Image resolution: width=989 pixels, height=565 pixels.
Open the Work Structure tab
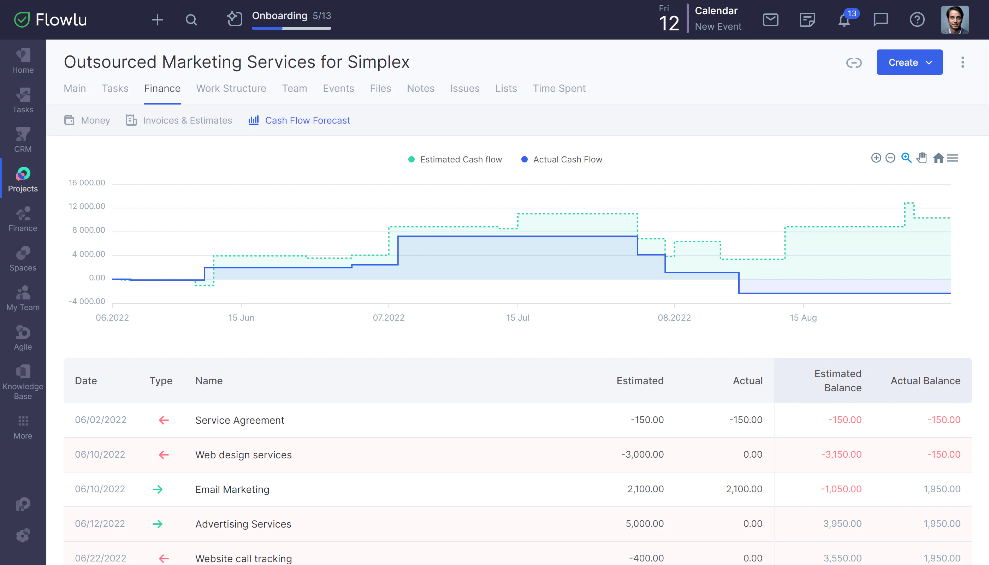coord(231,89)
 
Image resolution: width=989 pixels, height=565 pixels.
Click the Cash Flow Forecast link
coord(307,120)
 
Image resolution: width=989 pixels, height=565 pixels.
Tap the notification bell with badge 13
coord(844,20)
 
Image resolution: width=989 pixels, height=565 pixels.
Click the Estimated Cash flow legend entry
coord(460,160)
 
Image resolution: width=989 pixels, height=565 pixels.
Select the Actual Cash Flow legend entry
coord(567,160)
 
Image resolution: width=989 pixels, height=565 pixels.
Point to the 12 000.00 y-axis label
coord(87,207)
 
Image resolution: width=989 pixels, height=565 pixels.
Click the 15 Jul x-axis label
coord(517,317)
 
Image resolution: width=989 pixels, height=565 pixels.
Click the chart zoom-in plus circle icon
coord(876,158)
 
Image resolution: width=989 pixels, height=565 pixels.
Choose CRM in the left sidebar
coord(23,140)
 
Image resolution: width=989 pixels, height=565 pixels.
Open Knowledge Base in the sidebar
coord(23,382)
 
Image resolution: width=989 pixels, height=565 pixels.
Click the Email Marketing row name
coord(232,489)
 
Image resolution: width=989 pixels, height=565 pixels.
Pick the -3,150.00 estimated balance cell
coord(841,454)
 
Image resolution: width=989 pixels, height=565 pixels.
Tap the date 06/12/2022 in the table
coord(100,524)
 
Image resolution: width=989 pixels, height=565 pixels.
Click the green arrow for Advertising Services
coord(158,524)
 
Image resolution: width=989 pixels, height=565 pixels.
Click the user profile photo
coord(954,20)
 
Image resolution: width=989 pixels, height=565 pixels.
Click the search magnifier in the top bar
coord(191,20)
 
